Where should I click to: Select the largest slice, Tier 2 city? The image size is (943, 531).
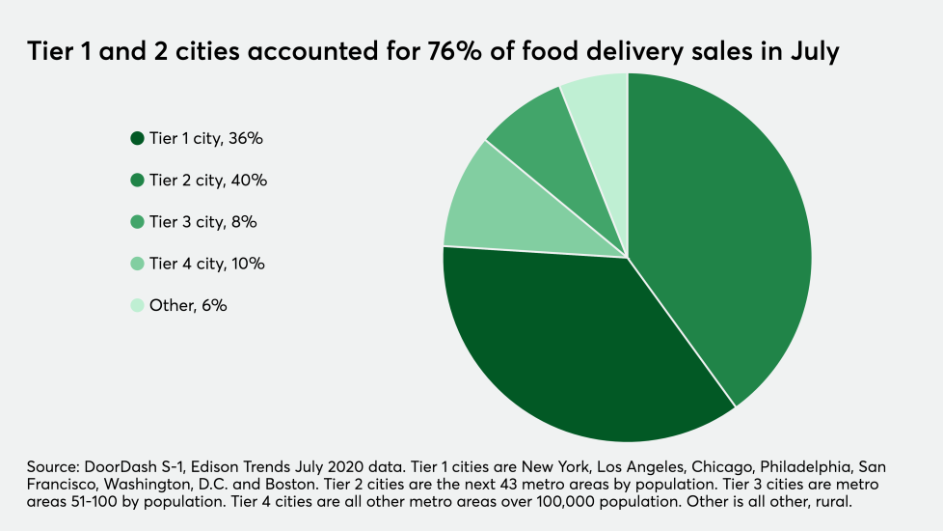point(723,232)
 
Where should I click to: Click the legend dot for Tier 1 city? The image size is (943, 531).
point(138,139)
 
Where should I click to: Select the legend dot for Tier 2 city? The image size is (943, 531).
point(138,181)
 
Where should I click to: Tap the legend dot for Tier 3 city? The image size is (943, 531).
point(138,222)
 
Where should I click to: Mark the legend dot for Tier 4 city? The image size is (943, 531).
point(138,264)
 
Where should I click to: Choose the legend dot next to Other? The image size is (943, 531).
point(138,306)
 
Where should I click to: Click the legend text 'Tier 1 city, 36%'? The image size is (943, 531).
point(206,139)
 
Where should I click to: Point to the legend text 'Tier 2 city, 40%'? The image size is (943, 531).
point(208,181)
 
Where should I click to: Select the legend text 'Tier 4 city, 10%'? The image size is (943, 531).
point(206,264)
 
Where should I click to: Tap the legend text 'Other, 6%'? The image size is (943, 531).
point(188,306)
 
